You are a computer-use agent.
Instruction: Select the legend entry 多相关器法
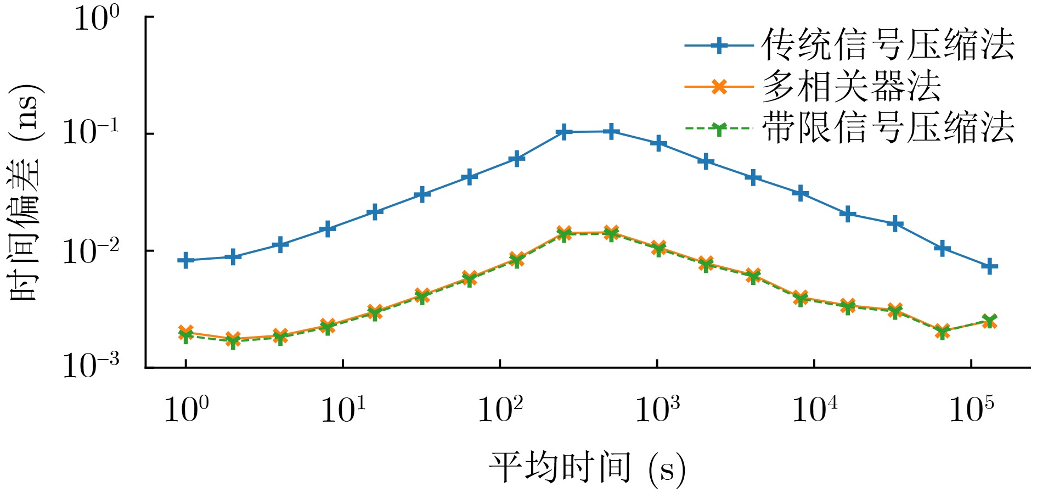point(851,86)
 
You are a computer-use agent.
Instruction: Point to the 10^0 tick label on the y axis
point(95,19)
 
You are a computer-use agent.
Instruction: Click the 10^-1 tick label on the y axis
point(91,133)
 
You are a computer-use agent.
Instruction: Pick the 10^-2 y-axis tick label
point(91,251)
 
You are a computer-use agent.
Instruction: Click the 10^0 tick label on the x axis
point(187,410)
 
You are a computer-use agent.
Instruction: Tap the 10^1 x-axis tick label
point(343,410)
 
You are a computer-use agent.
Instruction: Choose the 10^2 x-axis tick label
point(500,410)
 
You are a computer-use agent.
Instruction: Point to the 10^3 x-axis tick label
point(657,410)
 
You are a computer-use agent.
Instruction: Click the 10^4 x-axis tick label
point(814,410)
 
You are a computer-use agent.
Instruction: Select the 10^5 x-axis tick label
point(971,410)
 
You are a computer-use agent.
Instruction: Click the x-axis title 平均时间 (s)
point(587,468)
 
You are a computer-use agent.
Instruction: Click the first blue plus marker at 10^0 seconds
point(186,260)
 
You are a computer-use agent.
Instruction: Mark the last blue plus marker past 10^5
point(990,267)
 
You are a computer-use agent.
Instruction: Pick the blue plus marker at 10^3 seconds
point(658,144)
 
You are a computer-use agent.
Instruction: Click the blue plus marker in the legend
point(719,46)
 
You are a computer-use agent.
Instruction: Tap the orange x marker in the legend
point(719,87)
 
